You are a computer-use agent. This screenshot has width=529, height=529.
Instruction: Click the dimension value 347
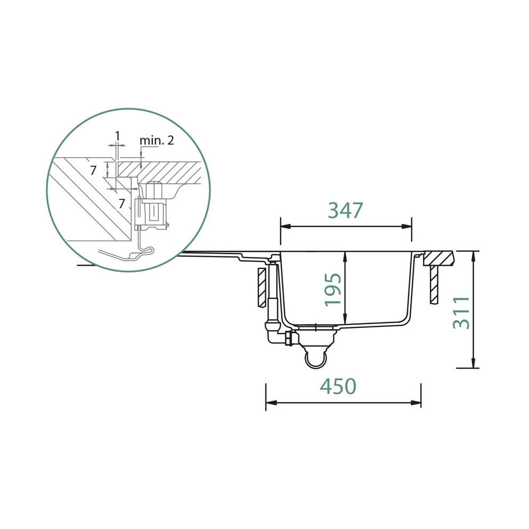click(x=346, y=210)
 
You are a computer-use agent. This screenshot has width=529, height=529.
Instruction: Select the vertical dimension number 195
click(x=333, y=290)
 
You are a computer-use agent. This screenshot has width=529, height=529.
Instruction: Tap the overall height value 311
click(x=461, y=312)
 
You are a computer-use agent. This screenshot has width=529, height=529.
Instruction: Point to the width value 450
click(x=338, y=386)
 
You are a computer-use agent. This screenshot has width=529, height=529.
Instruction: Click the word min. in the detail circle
click(x=150, y=140)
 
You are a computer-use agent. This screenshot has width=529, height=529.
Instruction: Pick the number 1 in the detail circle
click(x=117, y=136)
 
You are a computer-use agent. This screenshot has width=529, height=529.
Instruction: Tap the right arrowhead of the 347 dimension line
click(x=406, y=227)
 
